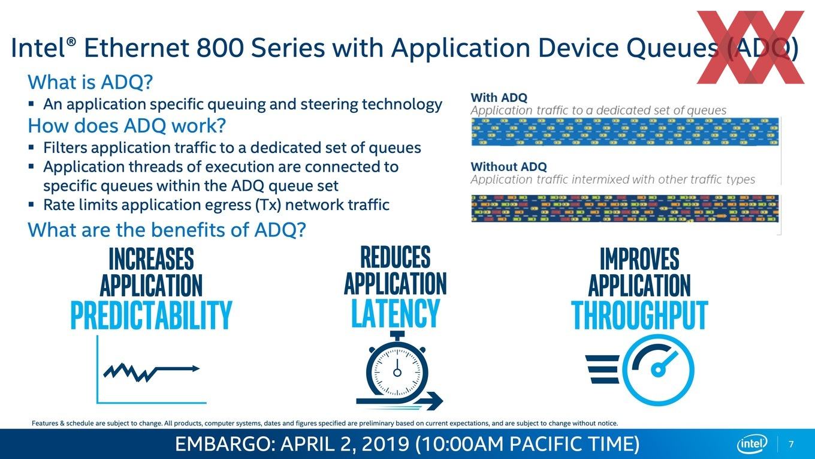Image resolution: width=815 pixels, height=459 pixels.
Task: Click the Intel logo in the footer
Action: point(752,444)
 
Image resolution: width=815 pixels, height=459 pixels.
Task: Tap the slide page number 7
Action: point(791,444)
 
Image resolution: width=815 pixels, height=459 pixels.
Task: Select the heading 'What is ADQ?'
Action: point(90,82)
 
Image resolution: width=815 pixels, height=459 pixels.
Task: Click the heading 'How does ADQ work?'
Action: point(126,125)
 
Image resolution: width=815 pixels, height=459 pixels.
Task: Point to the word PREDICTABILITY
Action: point(151,315)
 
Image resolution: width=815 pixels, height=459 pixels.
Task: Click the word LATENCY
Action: point(396,313)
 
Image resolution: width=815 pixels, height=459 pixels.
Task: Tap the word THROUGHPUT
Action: point(639,315)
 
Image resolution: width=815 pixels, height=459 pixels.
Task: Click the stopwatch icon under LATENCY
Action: point(398,371)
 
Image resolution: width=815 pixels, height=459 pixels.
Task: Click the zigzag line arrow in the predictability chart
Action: point(152,372)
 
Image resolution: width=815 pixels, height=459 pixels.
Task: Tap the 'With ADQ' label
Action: point(499,98)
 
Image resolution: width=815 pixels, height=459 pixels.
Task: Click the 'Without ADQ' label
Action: point(509,167)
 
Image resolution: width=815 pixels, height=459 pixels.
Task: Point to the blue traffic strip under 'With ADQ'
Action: point(624,131)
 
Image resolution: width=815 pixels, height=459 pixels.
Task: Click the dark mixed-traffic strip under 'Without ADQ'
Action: point(624,208)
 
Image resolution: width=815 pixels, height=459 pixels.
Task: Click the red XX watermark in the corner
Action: point(750,47)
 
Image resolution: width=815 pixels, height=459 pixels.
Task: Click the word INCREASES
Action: point(151,259)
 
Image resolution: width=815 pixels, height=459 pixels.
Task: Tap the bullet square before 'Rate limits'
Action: point(31,205)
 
